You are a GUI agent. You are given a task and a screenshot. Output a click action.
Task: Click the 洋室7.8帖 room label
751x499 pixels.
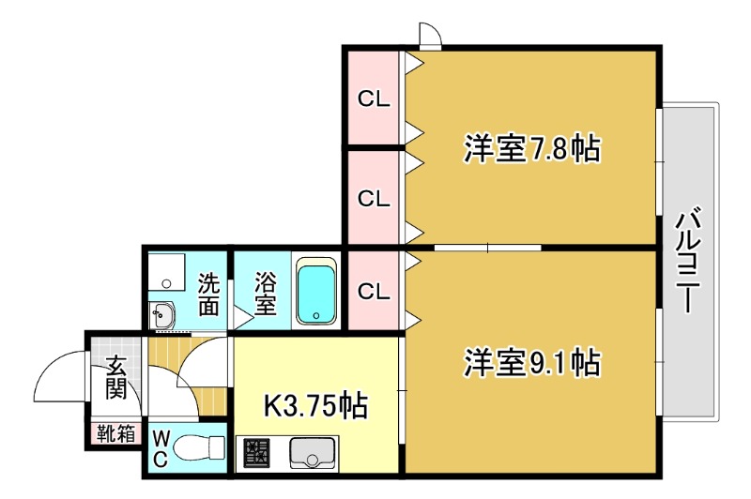coord(531,149)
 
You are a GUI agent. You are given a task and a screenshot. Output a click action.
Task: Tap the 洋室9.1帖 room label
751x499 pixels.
coord(531,361)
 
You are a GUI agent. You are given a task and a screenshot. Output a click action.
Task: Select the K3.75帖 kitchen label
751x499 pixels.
coord(314,405)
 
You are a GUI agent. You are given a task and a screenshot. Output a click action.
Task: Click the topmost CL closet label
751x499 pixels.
coord(373,98)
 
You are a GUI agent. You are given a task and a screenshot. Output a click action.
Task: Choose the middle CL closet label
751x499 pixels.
coord(373,199)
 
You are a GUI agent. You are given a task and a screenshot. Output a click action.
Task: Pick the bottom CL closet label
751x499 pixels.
coord(373,291)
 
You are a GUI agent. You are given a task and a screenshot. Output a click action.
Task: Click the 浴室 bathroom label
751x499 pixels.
coord(266,293)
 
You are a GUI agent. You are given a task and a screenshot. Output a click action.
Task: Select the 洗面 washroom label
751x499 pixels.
coord(208,293)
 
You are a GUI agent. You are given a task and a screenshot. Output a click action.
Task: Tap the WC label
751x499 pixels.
coord(160,448)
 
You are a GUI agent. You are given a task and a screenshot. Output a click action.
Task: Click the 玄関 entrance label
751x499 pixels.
coord(115,376)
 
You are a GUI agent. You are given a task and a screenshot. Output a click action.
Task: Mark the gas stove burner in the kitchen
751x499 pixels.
coord(256,454)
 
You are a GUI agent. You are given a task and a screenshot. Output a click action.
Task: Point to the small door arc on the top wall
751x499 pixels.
coord(430,35)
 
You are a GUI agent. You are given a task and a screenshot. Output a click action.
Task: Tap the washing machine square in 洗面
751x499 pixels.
coord(169,273)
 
